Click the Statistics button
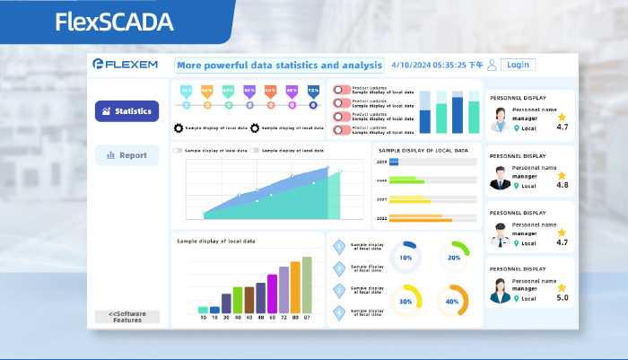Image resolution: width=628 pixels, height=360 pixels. [126, 111]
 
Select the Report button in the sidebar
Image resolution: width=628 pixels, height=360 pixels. [126, 155]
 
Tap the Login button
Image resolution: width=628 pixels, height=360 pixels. [517, 65]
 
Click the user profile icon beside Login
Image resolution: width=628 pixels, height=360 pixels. [492, 65]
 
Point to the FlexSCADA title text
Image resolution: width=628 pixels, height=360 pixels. [114, 22]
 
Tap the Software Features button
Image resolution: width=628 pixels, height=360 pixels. [126, 317]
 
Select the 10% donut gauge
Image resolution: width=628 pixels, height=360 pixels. [406, 257]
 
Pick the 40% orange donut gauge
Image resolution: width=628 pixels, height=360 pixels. [453, 301]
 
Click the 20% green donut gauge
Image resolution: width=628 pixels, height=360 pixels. [453, 257]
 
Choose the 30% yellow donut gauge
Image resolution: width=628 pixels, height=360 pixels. [406, 301]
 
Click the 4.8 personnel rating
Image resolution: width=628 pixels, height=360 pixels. [563, 185]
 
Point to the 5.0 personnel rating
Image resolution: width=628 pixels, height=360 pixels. [563, 297]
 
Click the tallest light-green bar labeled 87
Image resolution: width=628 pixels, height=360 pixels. [307, 285]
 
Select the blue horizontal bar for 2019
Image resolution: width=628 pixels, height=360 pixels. [394, 162]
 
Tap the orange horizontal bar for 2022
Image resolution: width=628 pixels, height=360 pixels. [421, 220]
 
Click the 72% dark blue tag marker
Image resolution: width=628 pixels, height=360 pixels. [313, 91]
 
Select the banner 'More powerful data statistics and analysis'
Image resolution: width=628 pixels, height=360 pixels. [278, 66]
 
